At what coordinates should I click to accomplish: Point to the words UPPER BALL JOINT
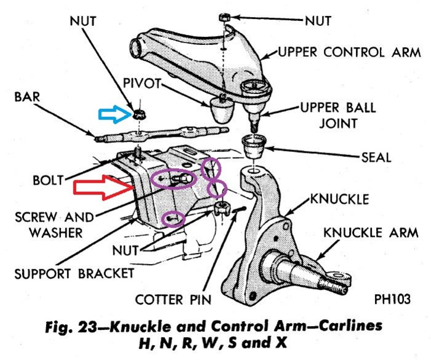point(337,116)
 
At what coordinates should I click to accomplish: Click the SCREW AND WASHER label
point(55,225)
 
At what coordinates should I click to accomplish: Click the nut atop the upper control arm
point(224,17)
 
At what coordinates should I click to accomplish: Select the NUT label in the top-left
point(83,20)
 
